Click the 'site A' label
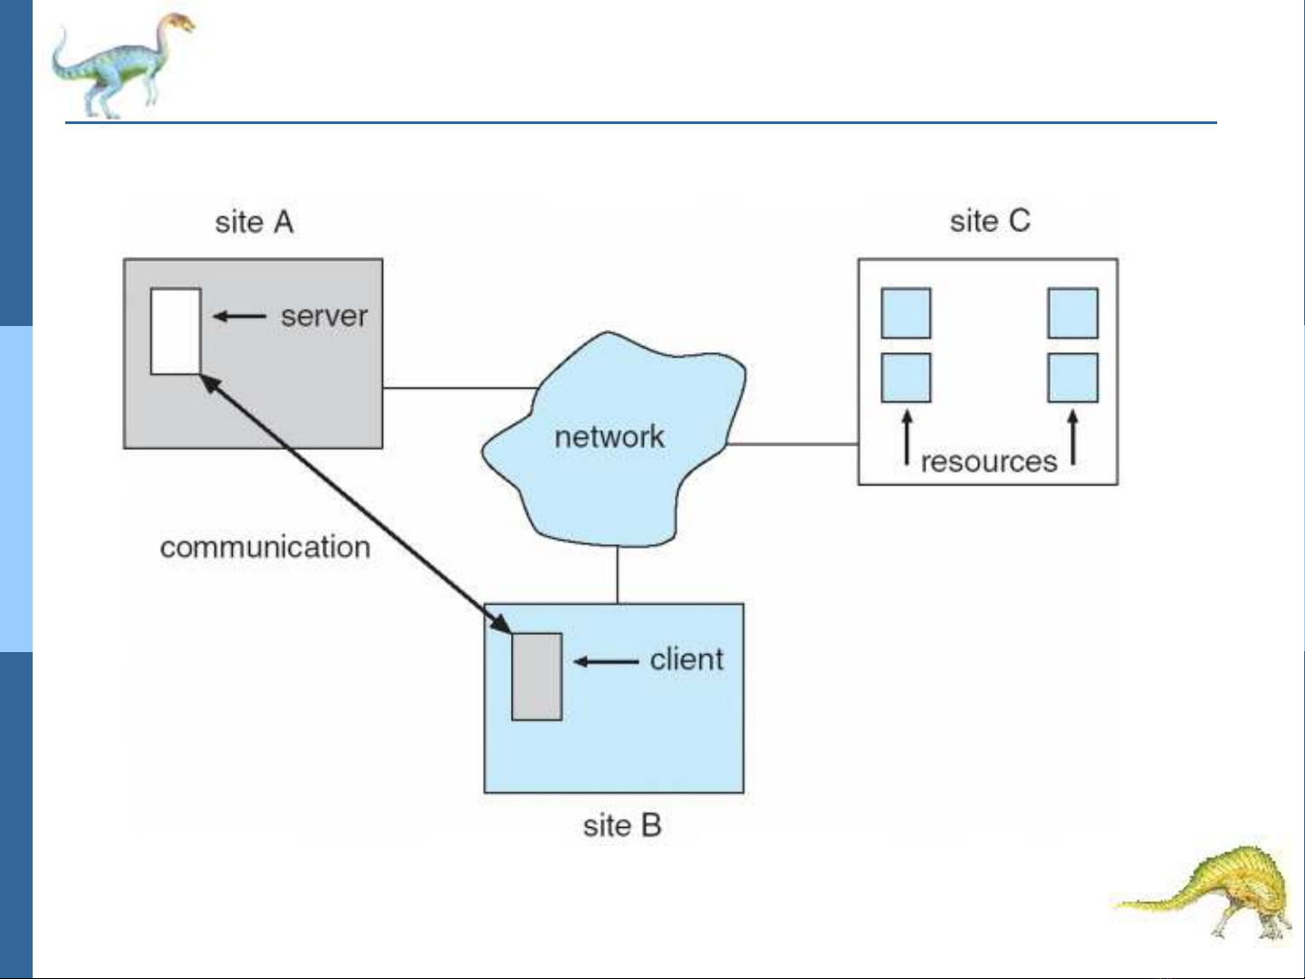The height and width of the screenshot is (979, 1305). [254, 222]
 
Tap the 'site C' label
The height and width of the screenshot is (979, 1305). [989, 221]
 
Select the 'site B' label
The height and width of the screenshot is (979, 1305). [622, 825]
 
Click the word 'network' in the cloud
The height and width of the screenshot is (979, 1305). [609, 437]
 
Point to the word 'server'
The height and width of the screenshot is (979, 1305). [324, 316]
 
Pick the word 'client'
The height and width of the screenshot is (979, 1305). [686, 659]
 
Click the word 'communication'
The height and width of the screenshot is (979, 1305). [264, 547]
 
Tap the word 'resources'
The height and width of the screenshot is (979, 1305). [988, 461]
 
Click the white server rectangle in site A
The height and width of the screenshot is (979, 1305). [176, 331]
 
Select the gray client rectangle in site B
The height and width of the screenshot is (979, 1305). [536, 677]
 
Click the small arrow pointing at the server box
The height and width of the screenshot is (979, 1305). [239, 316]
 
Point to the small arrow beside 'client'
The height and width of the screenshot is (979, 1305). [606, 661]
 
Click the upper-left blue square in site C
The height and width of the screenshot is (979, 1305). [906, 313]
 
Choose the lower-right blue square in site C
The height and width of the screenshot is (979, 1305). [1072, 378]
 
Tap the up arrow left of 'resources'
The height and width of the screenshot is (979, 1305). [907, 438]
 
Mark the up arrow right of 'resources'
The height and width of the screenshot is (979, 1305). [1073, 438]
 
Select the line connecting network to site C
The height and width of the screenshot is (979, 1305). [792, 445]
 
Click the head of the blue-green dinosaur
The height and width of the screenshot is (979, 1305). [178, 24]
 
